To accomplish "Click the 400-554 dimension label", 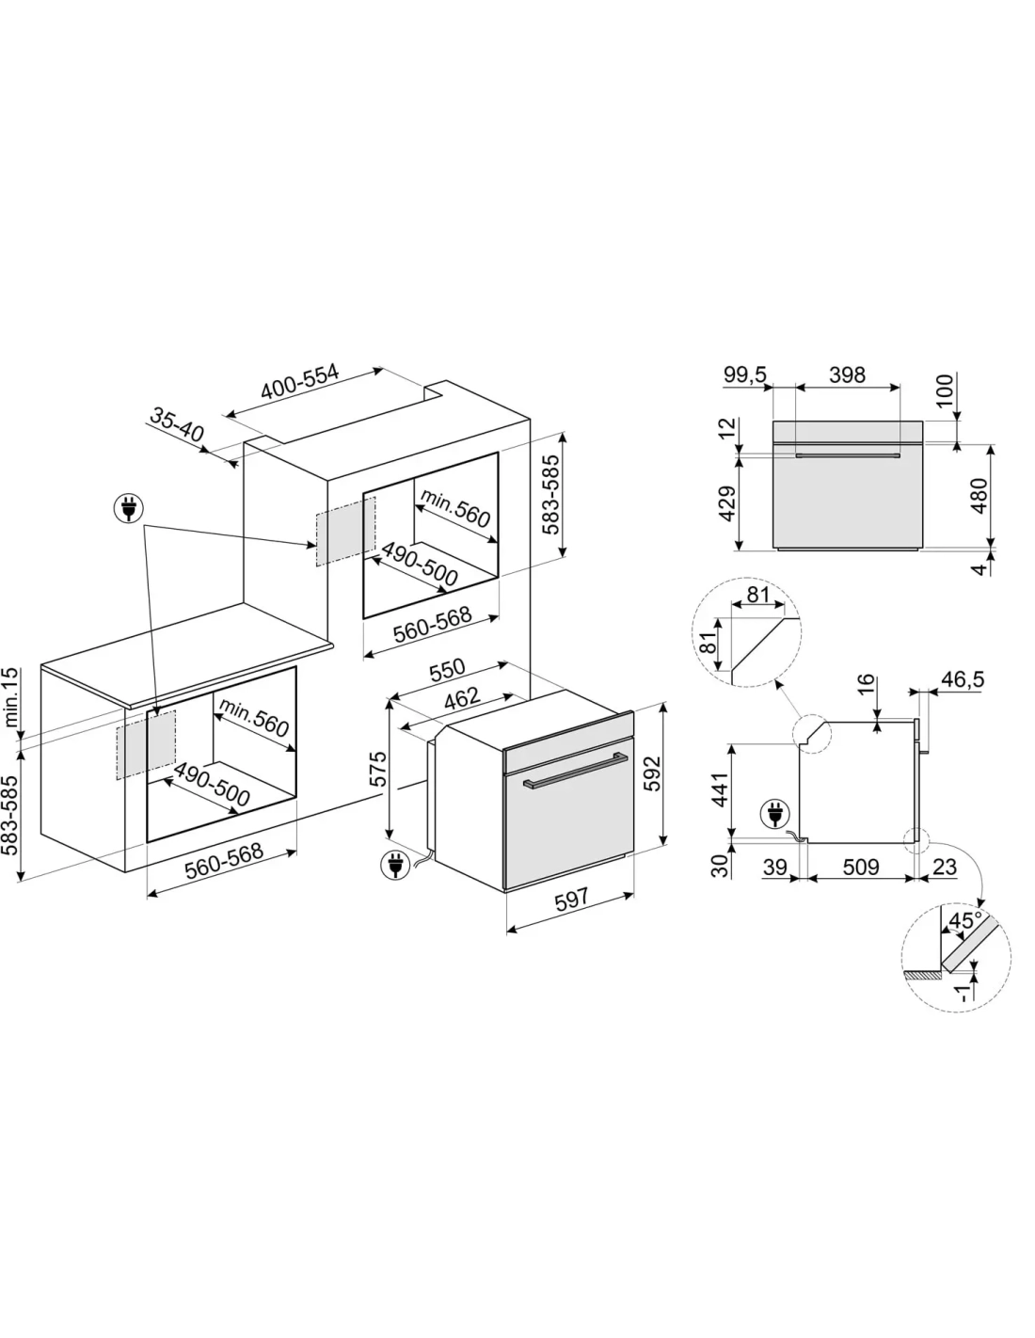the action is click(300, 382).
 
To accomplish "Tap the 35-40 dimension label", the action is click(176, 424).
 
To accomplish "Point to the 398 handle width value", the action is click(847, 374).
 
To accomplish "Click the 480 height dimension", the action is click(979, 495).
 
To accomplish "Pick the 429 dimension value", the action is click(727, 503).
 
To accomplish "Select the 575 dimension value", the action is click(377, 769).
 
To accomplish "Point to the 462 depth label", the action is click(462, 697).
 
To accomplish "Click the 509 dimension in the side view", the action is click(861, 867).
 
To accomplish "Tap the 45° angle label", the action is click(964, 920).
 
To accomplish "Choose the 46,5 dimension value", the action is click(963, 679).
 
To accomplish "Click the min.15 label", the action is click(11, 697).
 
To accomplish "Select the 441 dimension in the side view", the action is click(720, 789).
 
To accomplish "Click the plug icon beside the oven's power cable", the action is click(395, 865).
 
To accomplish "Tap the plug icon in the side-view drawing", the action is click(775, 814).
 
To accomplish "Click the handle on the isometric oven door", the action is click(575, 770).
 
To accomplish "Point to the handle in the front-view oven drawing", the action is click(847, 456).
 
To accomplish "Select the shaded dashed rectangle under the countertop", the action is click(146, 745).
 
